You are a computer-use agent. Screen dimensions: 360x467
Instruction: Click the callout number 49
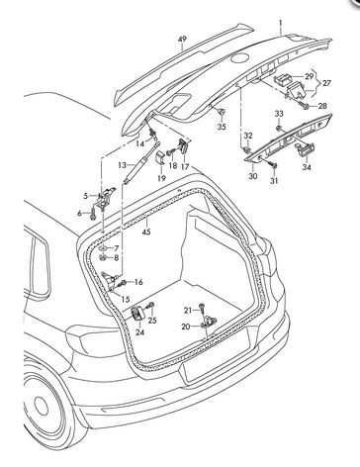[x=182, y=40]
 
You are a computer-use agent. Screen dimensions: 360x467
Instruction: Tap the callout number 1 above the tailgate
[x=281, y=23]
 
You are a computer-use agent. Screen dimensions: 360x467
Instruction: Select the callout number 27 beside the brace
[x=326, y=83]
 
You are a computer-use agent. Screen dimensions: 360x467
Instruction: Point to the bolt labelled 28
[x=304, y=105]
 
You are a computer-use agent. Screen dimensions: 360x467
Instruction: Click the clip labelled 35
[x=223, y=112]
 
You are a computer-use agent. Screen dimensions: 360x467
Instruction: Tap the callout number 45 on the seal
[x=146, y=232]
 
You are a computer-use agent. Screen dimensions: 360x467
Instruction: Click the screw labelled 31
[x=273, y=163]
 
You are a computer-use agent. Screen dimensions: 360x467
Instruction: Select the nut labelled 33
[x=279, y=128]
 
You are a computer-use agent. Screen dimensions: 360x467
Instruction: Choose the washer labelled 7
[x=103, y=248]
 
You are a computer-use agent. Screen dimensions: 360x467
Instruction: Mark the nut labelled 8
[x=103, y=258]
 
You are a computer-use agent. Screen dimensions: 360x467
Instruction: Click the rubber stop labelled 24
[x=137, y=313]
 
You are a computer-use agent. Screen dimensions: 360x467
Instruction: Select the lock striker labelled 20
[x=209, y=322]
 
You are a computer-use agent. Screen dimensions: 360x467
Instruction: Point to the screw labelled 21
[x=202, y=308]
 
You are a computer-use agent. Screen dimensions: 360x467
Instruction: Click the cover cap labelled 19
[x=160, y=157]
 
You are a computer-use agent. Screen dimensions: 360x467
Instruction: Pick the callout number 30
[x=253, y=176]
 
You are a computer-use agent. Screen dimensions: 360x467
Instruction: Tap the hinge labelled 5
[x=106, y=196]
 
